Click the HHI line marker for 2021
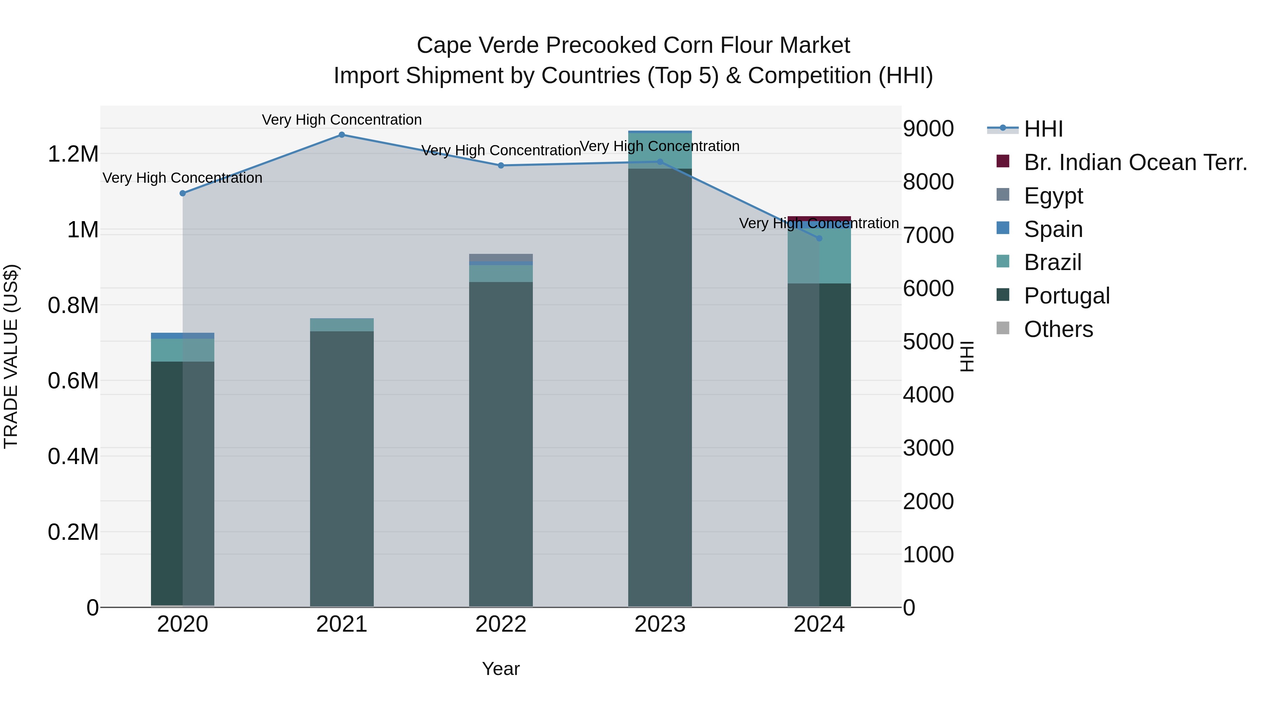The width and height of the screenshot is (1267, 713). pyautogui.click(x=342, y=135)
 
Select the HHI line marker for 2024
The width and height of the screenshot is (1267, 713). pyautogui.click(x=819, y=238)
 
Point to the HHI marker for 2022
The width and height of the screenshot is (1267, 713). pyautogui.click(x=501, y=165)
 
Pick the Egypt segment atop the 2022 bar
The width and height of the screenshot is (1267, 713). pyautogui.click(x=501, y=257)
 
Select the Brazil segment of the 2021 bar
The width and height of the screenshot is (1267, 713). pyautogui.click(x=342, y=325)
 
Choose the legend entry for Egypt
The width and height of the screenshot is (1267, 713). pyautogui.click(x=1053, y=196)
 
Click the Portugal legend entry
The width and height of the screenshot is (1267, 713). pyautogui.click(x=1066, y=296)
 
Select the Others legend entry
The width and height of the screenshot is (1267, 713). pyautogui.click(x=1058, y=329)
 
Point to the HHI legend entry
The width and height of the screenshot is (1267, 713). pyautogui.click(x=1043, y=129)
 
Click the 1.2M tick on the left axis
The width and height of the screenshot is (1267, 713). pyautogui.click(x=73, y=154)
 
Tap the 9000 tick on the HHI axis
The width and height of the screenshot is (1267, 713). pyautogui.click(x=928, y=129)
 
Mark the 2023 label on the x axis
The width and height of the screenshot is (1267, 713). pyautogui.click(x=660, y=624)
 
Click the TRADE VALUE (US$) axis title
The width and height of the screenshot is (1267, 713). pyautogui.click(x=11, y=356)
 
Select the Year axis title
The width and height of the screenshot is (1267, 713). pyautogui.click(x=501, y=669)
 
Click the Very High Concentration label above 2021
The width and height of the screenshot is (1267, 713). pyautogui.click(x=342, y=120)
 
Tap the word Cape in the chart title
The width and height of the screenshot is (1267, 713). pyautogui.click(x=443, y=45)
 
